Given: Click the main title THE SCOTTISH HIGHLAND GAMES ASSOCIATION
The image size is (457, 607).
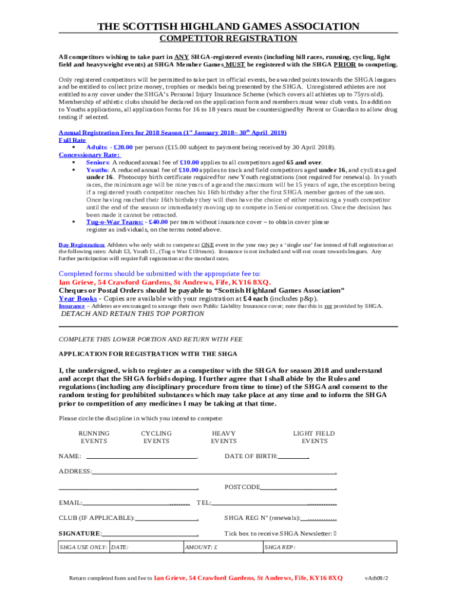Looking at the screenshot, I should (228, 27).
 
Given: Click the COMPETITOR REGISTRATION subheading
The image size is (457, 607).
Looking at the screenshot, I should (228, 39).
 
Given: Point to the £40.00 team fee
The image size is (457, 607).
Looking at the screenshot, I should (157, 222).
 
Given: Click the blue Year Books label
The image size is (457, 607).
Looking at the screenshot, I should (77, 299).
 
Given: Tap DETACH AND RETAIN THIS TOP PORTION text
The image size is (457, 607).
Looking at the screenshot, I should (133, 314).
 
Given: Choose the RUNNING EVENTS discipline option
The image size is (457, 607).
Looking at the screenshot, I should (94, 437).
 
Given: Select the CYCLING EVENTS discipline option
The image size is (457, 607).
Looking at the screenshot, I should (156, 437).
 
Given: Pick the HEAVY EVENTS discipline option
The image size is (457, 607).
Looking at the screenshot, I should (224, 437).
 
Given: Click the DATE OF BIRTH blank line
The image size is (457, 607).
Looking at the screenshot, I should (293, 456).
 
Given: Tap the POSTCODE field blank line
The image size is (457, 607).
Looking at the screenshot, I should (297, 488).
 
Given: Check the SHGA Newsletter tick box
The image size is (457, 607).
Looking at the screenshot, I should (335, 533).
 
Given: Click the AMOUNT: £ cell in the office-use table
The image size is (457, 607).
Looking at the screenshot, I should (222, 548).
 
